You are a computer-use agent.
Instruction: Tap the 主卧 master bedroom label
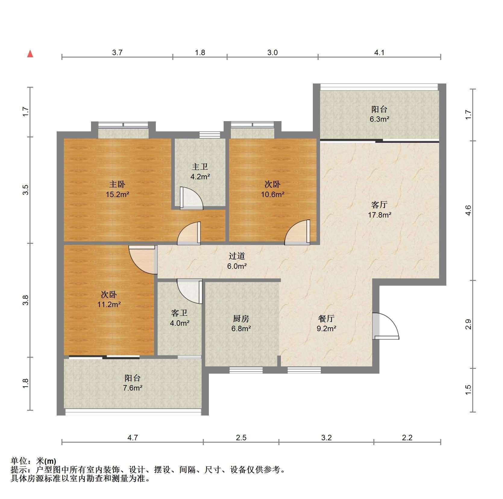click(117, 184)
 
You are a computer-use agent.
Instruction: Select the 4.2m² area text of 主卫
click(200, 177)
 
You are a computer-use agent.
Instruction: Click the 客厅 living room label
click(379, 205)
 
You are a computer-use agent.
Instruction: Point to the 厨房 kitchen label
click(241, 319)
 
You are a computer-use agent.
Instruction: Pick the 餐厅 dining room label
click(326, 319)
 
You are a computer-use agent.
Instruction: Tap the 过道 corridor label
click(237, 256)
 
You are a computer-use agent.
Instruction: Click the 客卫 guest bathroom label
click(179, 313)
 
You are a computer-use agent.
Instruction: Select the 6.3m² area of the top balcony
click(379, 119)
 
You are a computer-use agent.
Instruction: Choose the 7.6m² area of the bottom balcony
click(133, 388)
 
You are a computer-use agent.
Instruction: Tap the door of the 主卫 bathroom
click(191, 198)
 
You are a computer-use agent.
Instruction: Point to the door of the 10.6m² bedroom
click(297, 232)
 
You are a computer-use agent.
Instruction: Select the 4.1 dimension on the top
click(379, 53)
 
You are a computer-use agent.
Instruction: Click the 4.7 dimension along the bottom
click(133, 438)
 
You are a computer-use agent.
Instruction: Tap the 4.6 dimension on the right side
click(468, 210)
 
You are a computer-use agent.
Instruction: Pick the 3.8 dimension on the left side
click(26, 300)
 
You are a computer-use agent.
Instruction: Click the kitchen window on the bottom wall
click(246, 370)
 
